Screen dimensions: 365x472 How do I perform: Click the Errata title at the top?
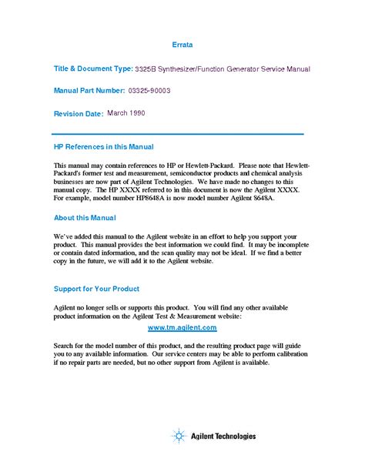pyautogui.click(x=182, y=45)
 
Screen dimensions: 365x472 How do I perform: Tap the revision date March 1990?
pyautogui.click(x=126, y=113)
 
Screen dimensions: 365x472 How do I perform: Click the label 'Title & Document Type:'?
pyautogui.click(x=93, y=69)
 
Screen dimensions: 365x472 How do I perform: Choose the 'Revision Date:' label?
pyautogui.click(x=78, y=114)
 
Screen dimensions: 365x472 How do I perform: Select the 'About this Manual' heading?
pyautogui.click(x=85, y=218)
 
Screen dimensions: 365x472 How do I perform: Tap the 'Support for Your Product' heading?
pyautogui.click(x=96, y=289)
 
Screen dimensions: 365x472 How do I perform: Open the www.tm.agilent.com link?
pyautogui.click(x=182, y=327)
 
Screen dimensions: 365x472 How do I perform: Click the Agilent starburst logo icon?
pyautogui.click(x=179, y=437)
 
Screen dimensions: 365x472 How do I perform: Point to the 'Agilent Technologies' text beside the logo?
pyautogui.click(x=223, y=437)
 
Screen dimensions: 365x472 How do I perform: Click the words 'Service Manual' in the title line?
pyautogui.click(x=285, y=69)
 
